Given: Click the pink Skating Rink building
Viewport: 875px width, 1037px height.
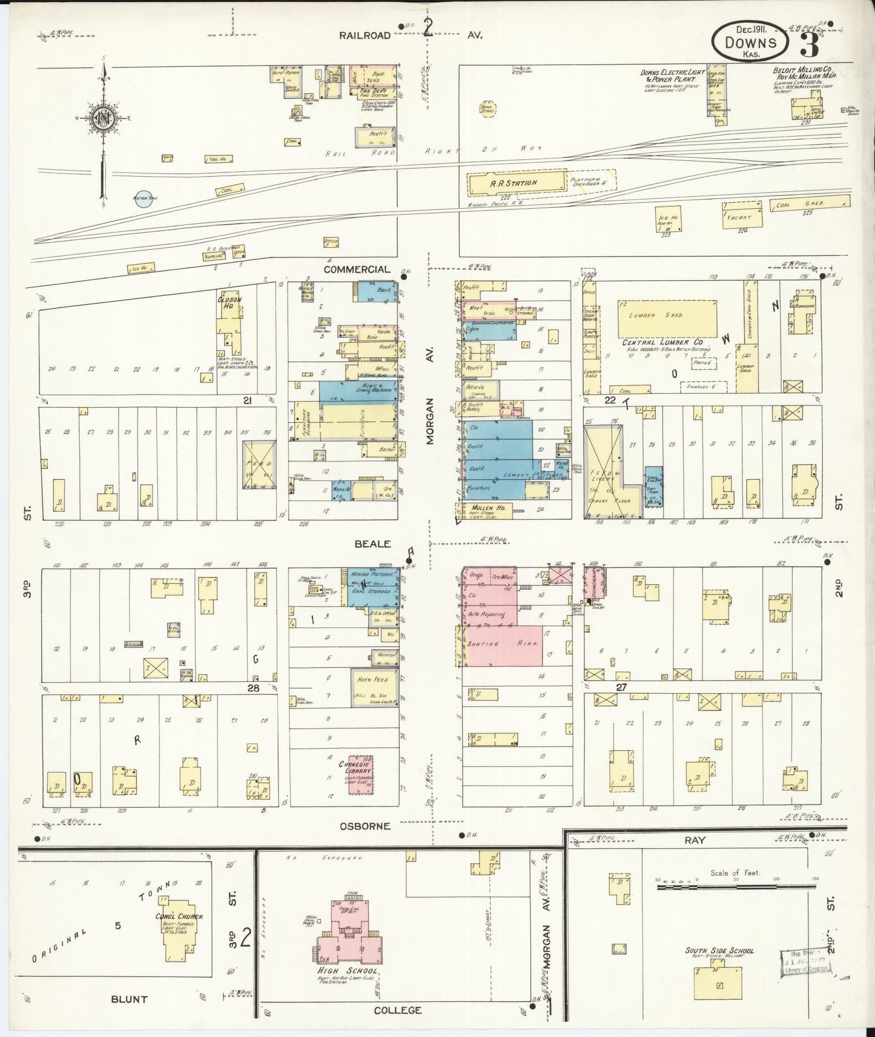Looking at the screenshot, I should point(502,644).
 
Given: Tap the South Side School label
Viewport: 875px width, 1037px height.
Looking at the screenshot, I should point(719,950).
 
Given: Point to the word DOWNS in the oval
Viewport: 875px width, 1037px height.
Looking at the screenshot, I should point(751,42).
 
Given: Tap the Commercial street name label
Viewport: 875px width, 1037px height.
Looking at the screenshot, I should point(357,269).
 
